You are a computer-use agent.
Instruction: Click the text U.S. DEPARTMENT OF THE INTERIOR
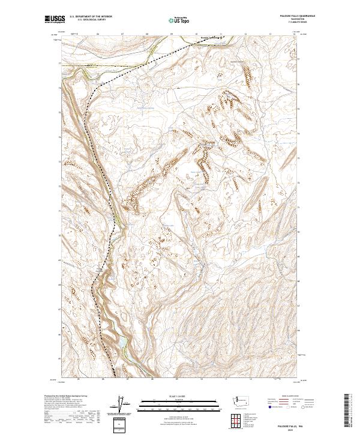(x=91, y=16)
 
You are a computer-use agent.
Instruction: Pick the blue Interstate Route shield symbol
(x=269, y=407)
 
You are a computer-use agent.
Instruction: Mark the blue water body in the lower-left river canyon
(x=122, y=343)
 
